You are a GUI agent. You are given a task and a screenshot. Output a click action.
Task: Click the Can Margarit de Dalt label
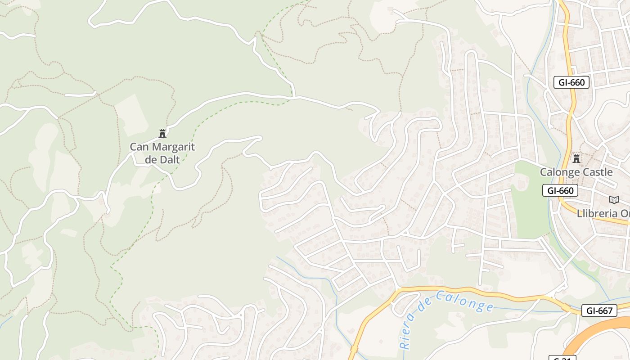[162, 153]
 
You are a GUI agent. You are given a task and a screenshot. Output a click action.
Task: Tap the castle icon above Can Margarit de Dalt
[162, 133]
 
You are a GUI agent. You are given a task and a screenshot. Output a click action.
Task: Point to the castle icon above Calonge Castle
[576, 158]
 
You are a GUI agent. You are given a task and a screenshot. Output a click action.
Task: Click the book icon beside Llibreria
[614, 200]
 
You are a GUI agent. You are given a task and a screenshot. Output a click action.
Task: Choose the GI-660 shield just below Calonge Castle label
[560, 191]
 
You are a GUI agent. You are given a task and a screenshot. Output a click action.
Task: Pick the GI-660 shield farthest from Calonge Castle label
[571, 82]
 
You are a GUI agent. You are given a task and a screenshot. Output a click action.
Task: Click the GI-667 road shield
[599, 310]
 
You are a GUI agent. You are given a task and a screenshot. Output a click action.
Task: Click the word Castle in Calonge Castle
[596, 172]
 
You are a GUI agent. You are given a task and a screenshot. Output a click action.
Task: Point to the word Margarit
[173, 147]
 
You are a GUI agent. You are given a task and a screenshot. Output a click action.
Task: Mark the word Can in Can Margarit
[139, 147]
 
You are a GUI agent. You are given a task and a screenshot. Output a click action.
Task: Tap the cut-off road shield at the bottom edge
[562, 358]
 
